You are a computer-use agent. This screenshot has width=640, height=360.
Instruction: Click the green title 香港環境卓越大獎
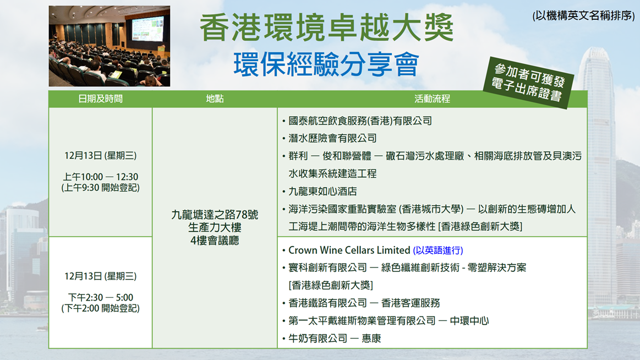(x=326, y=28)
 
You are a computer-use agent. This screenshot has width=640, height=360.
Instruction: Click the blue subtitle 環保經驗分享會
(x=326, y=64)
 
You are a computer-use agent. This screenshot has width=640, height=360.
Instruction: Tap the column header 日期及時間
(x=100, y=99)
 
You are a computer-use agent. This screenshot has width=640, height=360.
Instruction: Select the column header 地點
(x=215, y=99)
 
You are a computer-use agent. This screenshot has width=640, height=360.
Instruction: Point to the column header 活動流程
(x=432, y=99)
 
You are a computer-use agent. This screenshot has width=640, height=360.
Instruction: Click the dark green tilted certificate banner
(x=529, y=83)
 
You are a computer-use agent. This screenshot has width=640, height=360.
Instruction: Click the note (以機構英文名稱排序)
(x=584, y=15)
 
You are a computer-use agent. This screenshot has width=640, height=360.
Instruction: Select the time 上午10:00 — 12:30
(x=100, y=177)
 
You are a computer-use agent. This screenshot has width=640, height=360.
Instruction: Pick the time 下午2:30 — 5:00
(x=100, y=298)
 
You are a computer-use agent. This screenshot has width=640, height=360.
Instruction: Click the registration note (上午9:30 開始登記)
(x=100, y=188)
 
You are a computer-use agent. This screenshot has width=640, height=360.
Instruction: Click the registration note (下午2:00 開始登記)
(x=100, y=309)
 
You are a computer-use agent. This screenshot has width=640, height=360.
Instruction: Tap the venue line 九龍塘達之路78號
(x=215, y=215)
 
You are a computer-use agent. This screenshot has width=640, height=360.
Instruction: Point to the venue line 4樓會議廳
(x=215, y=241)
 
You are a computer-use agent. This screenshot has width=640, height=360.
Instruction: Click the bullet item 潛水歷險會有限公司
(x=332, y=138)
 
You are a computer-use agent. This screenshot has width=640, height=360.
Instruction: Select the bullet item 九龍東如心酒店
(x=322, y=192)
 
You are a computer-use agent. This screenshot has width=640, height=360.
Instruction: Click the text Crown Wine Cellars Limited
(x=349, y=250)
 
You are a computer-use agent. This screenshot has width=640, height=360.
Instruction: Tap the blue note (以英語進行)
(x=438, y=250)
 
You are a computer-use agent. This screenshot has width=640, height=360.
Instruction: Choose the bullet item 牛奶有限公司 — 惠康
(x=334, y=339)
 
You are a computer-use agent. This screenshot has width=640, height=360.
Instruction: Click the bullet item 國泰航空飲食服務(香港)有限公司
(x=360, y=121)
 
